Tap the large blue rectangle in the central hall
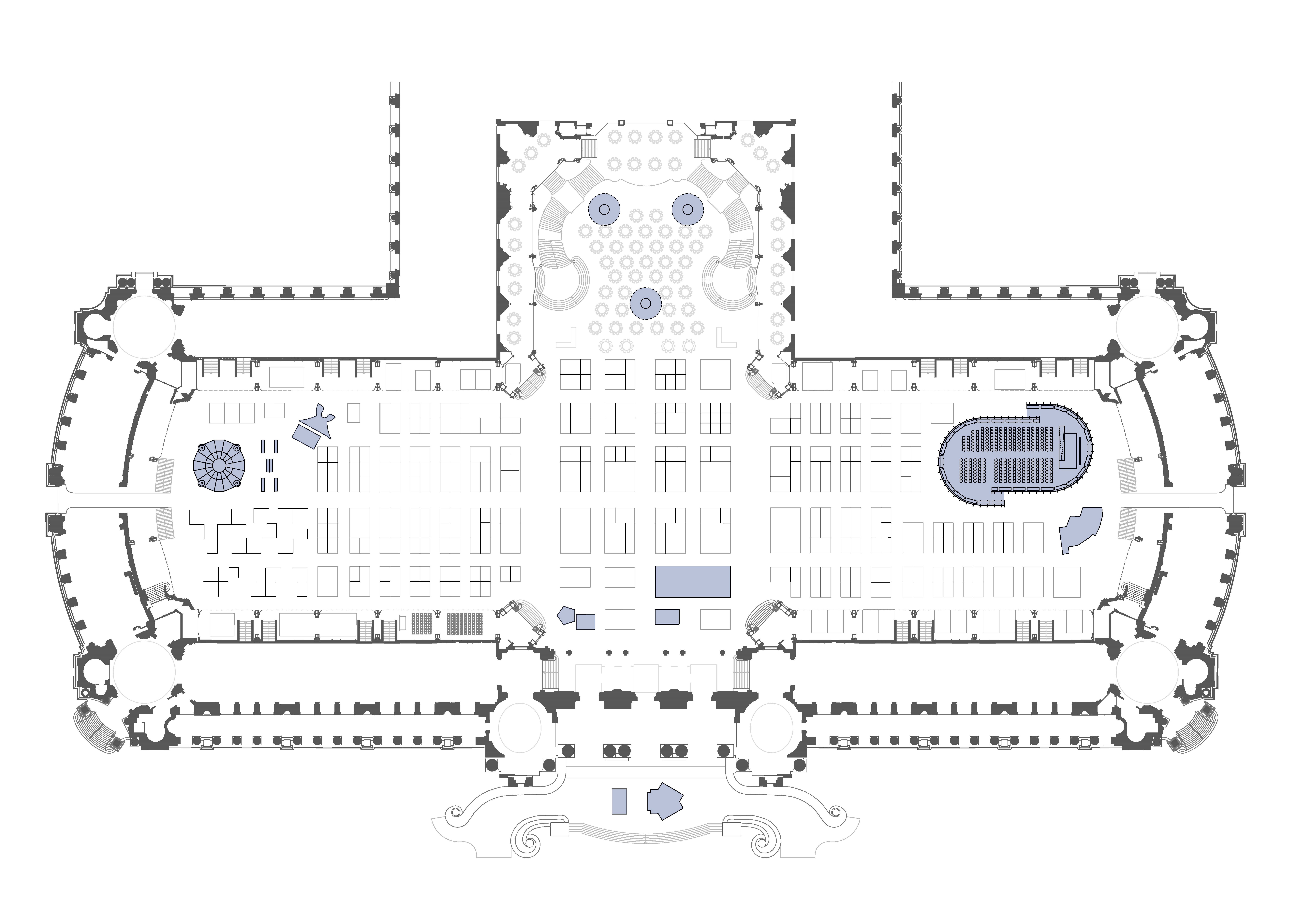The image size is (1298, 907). (x=693, y=582)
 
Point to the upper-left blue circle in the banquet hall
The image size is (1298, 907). (x=604, y=209)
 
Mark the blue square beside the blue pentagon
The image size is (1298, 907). (x=586, y=622)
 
